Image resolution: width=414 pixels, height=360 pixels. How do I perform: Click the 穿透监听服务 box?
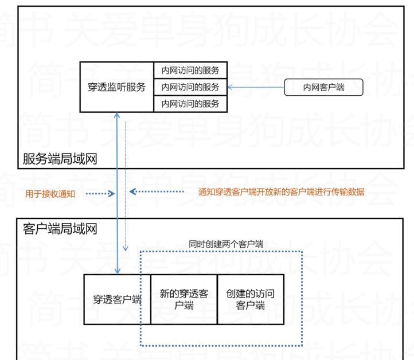pyautogui.click(x=117, y=87)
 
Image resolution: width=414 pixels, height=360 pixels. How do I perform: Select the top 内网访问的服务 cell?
pyautogui.click(x=190, y=71)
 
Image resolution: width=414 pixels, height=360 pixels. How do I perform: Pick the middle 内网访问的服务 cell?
pyautogui.click(x=190, y=87)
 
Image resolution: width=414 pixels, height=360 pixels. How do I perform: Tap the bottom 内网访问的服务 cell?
pyautogui.click(x=190, y=104)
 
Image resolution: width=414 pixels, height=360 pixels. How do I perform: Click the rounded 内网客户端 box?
pyautogui.click(x=323, y=87)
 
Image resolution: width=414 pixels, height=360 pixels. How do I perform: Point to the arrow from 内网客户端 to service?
pyautogui.click(x=256, y=87)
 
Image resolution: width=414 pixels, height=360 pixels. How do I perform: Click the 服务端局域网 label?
pyautogui.click(x=60, y=159)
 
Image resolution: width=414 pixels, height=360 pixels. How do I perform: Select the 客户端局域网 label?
pyautogui.click(x=60, y=229)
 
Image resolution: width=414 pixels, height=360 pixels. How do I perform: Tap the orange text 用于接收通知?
pyautogui.click(x=50, y=193)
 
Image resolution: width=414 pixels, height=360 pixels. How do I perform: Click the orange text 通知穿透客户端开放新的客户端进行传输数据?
pyautogui.click(x=281, y=191)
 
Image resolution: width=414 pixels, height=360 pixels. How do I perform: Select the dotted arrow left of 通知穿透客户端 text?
pyautogui.click(x=155, y=191)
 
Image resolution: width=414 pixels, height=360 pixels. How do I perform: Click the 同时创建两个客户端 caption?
pyautogui.click(x=226, y=244)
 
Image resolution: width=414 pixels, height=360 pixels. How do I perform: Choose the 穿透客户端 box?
pyautogui.click(x=117, y=299)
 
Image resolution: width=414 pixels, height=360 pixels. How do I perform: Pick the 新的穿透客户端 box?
pyautogui.click(x=184, y=299)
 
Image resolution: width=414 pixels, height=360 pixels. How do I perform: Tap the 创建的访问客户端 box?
pyautogui.click(x=251, y=299)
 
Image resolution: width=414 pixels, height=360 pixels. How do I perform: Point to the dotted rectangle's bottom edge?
pyautogui.click(x=221, y=346)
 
